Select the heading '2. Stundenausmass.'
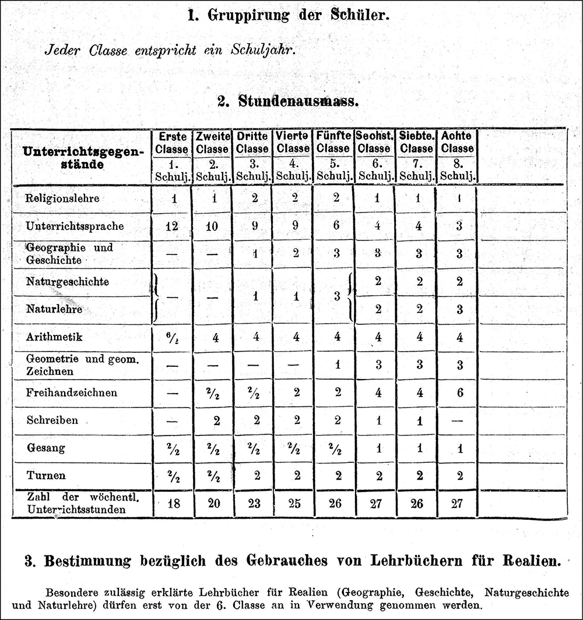click(288, 101)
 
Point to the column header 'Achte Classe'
click(457, 143)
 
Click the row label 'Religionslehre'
click(62, 198)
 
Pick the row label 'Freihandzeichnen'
click(72, 392)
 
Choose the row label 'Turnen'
click(46, 475)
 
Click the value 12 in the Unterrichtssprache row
click(171, 226)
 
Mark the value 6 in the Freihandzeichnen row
click(459, 392)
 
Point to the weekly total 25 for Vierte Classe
click(295, 504)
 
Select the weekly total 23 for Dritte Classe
click(254, 504)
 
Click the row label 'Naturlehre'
click(54, 309)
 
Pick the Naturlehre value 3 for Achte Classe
click(459, 309)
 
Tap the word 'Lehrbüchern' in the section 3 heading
click(419, 562)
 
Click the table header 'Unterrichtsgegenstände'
click(83, 158)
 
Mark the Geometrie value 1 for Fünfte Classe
click(336, 365)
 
